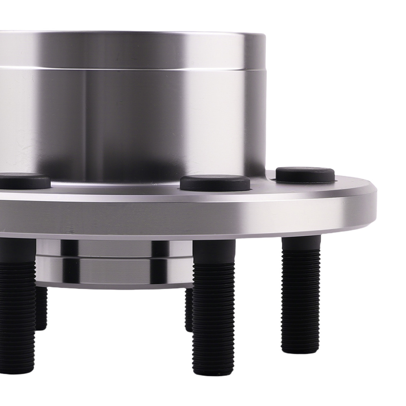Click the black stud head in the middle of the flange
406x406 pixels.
[215, 183]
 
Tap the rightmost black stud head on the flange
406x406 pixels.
[305, 175]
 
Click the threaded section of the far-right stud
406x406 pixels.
[301, 300]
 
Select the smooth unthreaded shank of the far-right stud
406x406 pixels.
[301, 244]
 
